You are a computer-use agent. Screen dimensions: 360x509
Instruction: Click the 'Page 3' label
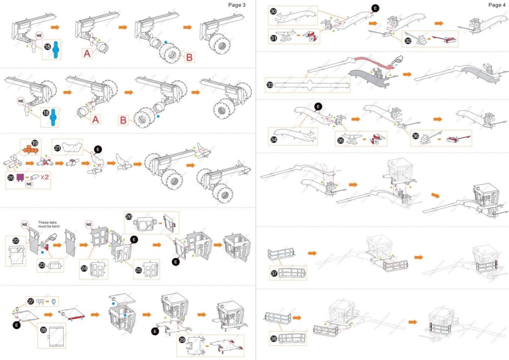(x=237, y=5)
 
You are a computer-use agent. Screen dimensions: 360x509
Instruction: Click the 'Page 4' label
(x=497, y=5)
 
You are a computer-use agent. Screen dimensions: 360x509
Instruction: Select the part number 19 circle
(x=35, y=143)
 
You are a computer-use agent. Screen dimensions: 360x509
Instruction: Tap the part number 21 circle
(x=57, y=148)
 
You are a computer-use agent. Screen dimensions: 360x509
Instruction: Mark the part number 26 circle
(x=129, y=216)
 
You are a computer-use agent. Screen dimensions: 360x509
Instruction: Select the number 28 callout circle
(x=43, y=330)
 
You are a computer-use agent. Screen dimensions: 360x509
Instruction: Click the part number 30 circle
(x=273, y=11)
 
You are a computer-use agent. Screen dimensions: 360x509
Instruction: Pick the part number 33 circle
(x=270, y=85)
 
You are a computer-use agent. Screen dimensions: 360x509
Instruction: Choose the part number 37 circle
(x=273, y=273)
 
